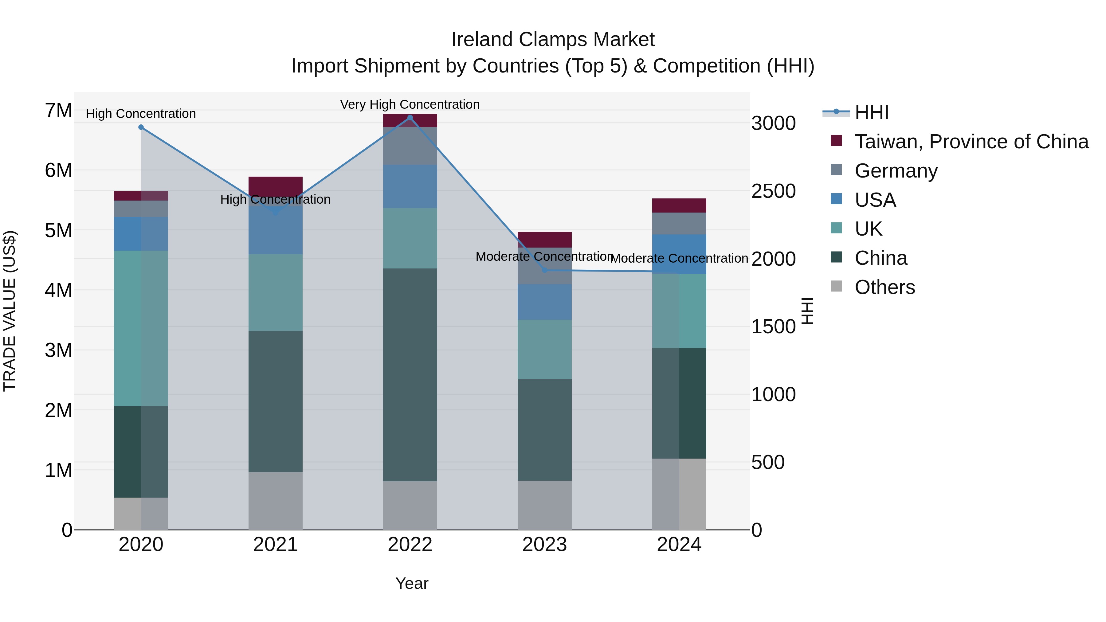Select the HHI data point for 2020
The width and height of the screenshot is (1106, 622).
[x=141, y=127]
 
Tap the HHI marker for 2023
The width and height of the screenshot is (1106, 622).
[x=544, y=270]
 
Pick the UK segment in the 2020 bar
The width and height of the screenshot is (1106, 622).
[x=141, y=328]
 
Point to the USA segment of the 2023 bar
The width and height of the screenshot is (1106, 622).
[x=544, y=302]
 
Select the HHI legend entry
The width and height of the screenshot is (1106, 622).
[x=871, y=112]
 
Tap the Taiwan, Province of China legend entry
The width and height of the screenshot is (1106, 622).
[x=971, y=142]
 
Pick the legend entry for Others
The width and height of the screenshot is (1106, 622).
[x=884, y=287]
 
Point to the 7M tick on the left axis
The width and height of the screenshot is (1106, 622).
[x=58, y=110]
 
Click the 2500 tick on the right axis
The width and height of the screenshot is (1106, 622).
[x=773, y=191]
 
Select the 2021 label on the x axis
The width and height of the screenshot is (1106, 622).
[x=275, y=545]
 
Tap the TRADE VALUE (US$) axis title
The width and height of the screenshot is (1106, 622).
[x=10, y=311]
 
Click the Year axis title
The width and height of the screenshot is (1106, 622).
[x=411, y=583]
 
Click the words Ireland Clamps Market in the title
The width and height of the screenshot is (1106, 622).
[x=553, y=40]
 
